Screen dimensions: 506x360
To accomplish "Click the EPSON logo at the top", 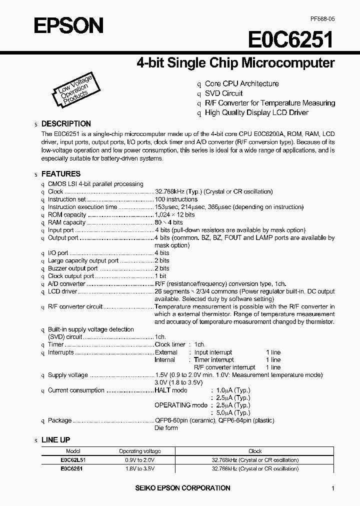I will coord(68,24).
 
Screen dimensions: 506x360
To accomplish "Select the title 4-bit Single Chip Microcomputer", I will coord(235,63).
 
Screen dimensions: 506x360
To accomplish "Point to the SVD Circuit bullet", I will coord(223,93).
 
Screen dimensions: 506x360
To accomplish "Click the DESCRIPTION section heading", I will coord(66,123).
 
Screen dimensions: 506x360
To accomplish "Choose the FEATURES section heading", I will coord(60,174).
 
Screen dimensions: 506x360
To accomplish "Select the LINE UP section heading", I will coord(55,440).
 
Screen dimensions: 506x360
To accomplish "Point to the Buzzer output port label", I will coord(73,268).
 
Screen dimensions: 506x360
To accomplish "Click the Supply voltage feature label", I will coord(67,375).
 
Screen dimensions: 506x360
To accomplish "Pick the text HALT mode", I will coord(171,390).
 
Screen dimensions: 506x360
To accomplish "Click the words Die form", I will coord(166,428).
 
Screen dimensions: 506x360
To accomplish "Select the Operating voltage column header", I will coord(140,450).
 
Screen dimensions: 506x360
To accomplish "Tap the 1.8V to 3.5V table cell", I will coord(140,468).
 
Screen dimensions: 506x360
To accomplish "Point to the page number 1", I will coord(332,488).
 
